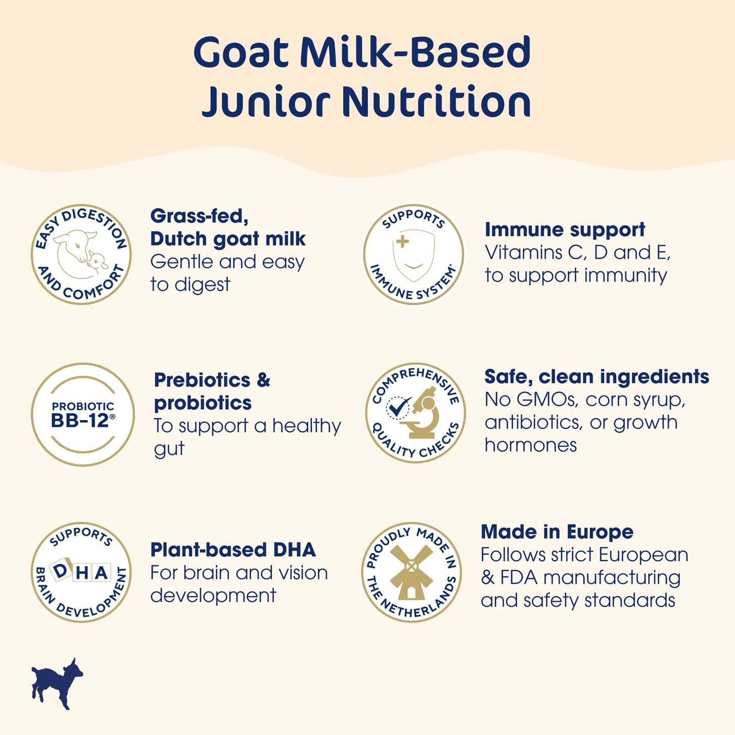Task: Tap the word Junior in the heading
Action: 266,101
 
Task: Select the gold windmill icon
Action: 411,572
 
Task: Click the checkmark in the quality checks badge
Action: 398,407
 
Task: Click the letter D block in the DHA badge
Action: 60,571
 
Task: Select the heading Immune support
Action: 565,229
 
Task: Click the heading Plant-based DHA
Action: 233,549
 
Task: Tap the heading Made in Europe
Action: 557,531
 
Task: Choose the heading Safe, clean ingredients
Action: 597,377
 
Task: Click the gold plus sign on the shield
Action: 402,241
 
